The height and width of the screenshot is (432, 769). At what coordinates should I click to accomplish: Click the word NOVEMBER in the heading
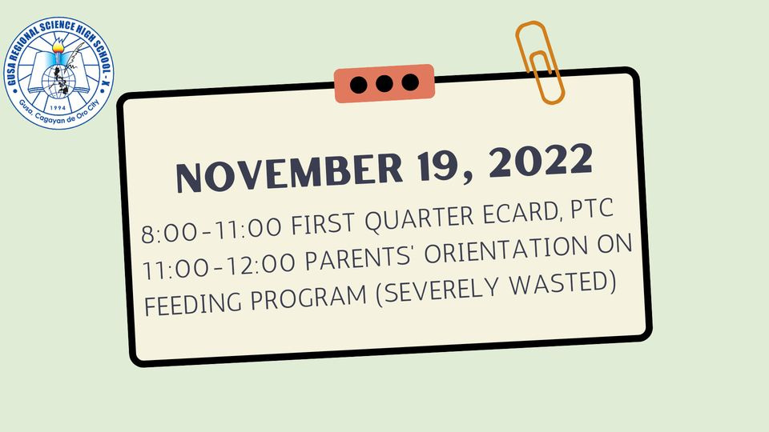point(289,173)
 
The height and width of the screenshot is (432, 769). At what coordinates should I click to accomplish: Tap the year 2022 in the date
point(541,160)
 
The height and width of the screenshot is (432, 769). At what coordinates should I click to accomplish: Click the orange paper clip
point(539,62)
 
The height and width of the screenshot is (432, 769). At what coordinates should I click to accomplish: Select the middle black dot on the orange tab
point(384,84)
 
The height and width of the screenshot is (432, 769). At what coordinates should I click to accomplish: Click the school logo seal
point(58,73)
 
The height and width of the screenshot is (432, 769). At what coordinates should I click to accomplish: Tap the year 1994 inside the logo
point(58,108)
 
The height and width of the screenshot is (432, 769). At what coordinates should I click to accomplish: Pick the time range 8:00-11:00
point(211,230)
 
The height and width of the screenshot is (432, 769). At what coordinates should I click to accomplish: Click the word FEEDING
point(193,302)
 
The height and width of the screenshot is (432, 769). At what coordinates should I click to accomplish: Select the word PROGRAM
point(309,295)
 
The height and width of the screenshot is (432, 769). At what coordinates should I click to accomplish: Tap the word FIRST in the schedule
point(323,223)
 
